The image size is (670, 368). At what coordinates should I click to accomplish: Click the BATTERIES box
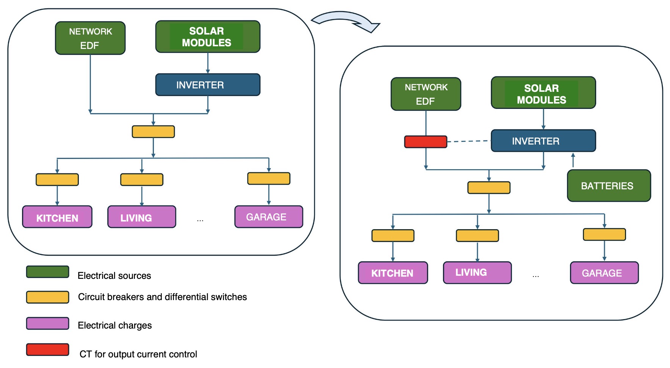coord(609,186)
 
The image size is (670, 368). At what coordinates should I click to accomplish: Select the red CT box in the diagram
coord(426,142)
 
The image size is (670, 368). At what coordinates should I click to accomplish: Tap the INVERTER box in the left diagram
coord(208,85)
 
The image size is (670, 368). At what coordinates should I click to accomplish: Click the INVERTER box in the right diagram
coord(543,141)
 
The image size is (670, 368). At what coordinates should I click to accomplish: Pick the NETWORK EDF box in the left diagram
coord(90,38)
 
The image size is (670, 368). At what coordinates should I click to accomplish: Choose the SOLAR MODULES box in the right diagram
coord(543,93)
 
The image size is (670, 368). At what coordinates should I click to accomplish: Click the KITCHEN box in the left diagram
coord(57,217)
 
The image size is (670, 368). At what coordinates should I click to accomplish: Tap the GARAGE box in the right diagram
coord(604,273)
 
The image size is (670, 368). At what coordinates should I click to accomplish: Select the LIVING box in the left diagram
coord(142,217)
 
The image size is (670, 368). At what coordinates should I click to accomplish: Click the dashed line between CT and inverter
coord(469,141)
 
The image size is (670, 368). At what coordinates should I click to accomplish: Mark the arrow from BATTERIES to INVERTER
coord(573,160)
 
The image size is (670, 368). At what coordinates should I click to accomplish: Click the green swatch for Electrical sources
coord(47,272)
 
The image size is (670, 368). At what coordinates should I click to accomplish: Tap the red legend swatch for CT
coord(47,350)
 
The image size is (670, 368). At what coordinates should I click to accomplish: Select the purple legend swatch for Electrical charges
coord(47,324)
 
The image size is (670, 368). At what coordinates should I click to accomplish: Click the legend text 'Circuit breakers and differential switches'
coord(162,297)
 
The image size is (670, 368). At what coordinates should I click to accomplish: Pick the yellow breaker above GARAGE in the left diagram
coord(269,179)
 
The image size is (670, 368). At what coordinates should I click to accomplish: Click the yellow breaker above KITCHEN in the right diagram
coord(393,236)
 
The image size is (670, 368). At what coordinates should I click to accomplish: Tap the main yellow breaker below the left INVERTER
coord(153,132)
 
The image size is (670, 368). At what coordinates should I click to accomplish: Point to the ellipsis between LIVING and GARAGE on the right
coord(535,276)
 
